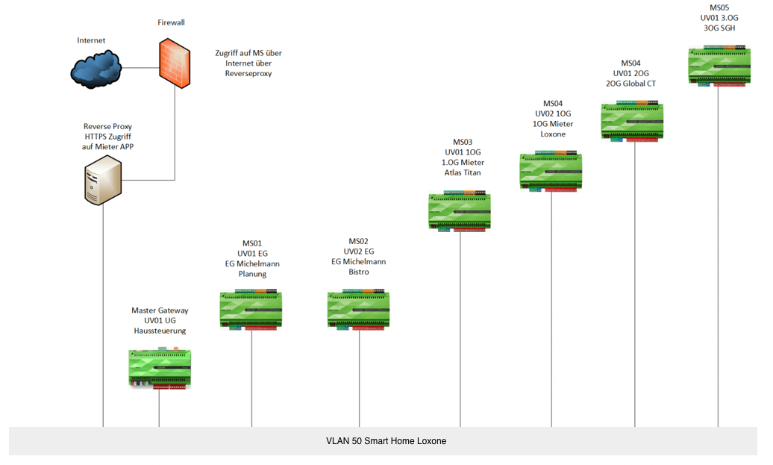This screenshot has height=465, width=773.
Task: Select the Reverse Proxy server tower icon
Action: pos(103,181)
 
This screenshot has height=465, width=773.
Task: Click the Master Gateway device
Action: pos(160,368)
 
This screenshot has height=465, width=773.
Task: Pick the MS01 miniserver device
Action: pos(251,310)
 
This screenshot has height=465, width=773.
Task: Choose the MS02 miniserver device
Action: pos(359,310)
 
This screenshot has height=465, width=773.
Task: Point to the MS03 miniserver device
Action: pos(460,212)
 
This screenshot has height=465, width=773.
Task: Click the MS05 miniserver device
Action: pos(719,66)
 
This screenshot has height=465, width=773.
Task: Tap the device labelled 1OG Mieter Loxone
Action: pos(551,172)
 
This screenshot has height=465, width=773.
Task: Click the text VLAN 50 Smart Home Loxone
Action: pos(386,441)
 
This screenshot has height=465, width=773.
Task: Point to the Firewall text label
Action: pos(171,22)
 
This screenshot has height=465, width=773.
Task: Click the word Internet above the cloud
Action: pos(91,40)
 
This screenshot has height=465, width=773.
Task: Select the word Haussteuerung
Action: pos(160,331)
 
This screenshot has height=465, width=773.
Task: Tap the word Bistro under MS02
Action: pos(359,272)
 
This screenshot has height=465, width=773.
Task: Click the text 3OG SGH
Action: pos(719,28)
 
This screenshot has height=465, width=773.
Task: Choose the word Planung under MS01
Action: pos(252,274)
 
